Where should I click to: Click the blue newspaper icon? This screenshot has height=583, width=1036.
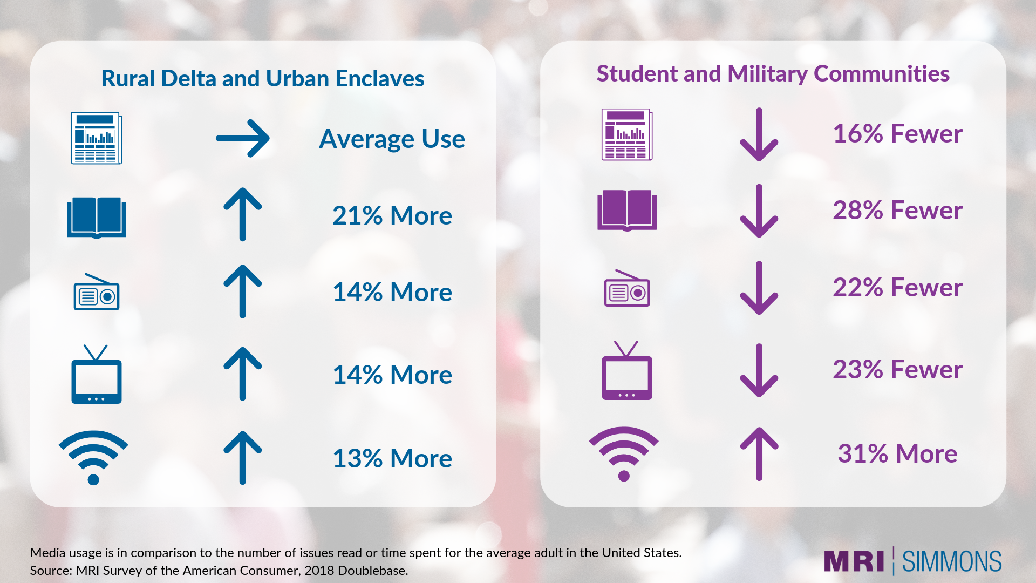(97, 138)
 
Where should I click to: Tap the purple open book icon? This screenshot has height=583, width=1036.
(627, 211)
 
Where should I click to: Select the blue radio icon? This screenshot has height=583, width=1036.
(97, 292)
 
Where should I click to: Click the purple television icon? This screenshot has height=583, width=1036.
(627, 370)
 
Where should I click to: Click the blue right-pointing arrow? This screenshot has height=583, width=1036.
(243, 138)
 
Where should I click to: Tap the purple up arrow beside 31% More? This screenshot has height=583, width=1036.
(759, 453)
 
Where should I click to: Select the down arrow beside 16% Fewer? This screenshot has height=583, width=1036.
(759, 134)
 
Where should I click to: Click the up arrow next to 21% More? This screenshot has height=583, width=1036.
(243, 214)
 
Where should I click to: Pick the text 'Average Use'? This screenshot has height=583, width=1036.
(392, 139)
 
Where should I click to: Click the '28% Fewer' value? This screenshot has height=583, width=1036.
(897, 210)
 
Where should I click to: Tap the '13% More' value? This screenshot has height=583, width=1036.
(392, 458)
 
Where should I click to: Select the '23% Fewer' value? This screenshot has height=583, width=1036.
(897, 369)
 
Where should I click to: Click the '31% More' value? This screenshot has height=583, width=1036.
(897, 453)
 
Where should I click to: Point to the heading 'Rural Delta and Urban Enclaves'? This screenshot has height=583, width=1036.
(263, 78)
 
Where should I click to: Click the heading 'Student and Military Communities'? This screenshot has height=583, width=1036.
(773, 74)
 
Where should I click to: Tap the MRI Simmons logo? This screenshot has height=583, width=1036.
(913, 561)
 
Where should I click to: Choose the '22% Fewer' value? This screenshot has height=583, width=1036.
(897, 287)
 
